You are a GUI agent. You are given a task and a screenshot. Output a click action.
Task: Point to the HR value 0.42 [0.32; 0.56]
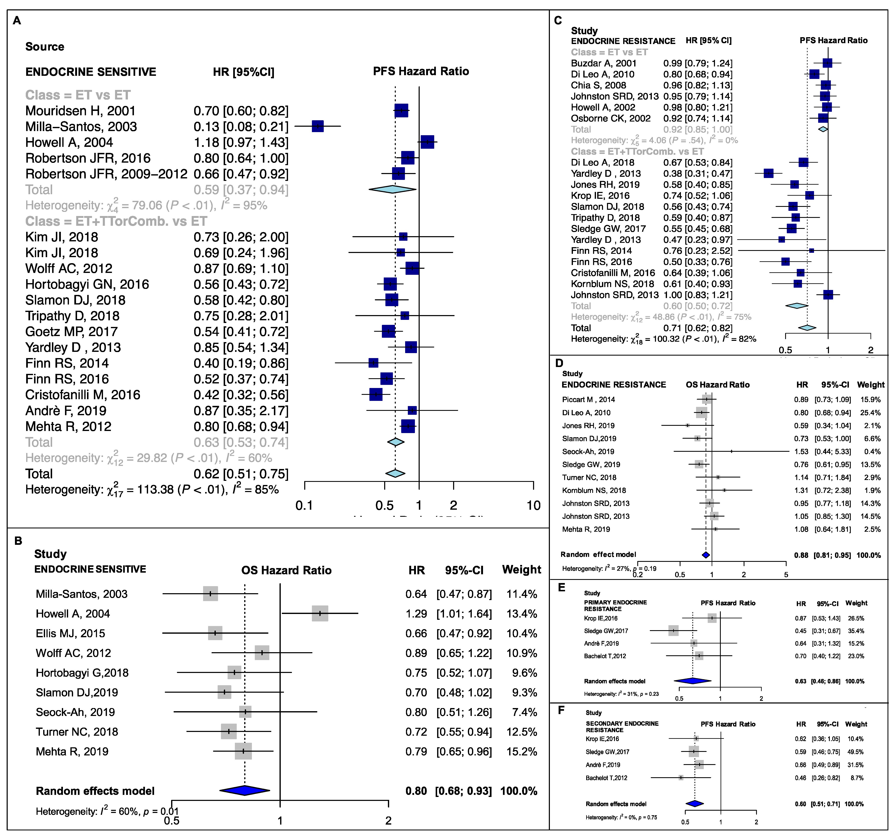click(241, 395)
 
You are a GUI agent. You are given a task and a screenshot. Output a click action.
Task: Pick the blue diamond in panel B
click(244, 791)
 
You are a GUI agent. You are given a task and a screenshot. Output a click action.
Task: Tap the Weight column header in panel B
click(521, 570)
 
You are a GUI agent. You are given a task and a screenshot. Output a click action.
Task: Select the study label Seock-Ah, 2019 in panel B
click(75, 712)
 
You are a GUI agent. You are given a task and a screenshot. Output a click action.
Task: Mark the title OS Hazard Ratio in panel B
click(286, 570)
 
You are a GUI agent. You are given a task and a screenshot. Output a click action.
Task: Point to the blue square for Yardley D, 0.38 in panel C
click(769, 173)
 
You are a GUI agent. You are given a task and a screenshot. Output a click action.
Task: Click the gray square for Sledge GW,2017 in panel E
click(673, 631)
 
